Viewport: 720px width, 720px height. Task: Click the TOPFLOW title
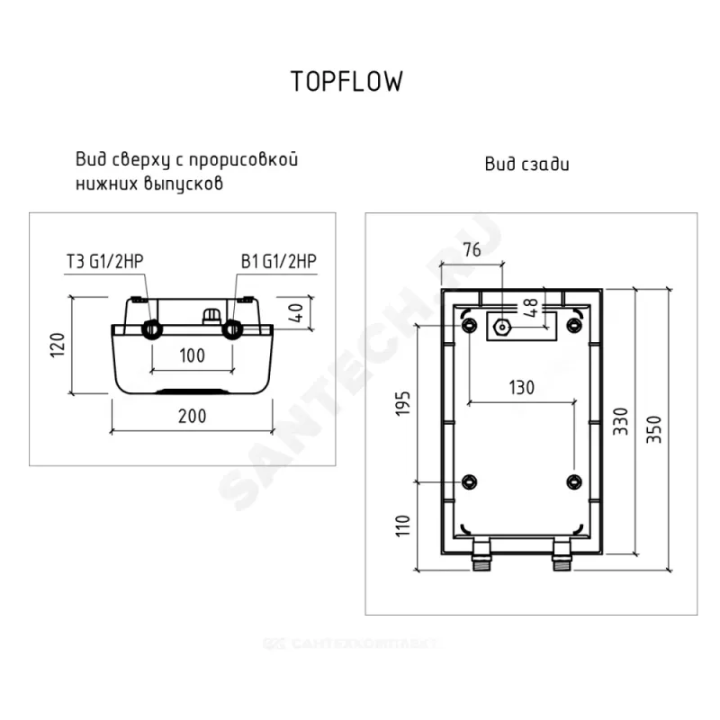346,81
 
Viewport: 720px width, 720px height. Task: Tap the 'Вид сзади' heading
526,164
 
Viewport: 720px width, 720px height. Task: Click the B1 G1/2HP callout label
278,262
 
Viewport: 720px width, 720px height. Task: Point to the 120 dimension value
56,346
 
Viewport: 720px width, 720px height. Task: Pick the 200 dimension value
192,416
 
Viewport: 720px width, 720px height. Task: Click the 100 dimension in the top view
192,355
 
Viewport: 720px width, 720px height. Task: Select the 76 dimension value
472,249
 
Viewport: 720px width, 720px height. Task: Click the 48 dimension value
531,306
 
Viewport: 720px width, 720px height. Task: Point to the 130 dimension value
520,388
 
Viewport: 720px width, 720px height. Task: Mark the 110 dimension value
404,526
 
